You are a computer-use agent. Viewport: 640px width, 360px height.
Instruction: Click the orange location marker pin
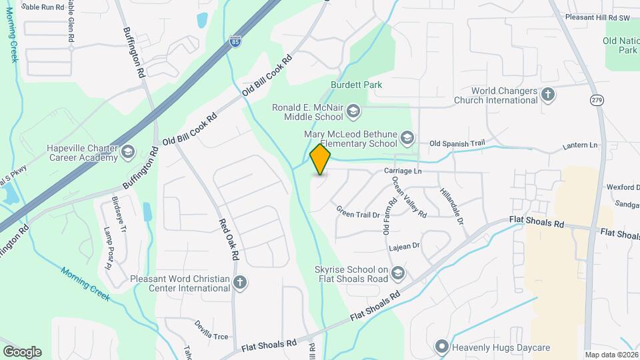[321, 159]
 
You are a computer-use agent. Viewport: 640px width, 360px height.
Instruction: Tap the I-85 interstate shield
[235, 41]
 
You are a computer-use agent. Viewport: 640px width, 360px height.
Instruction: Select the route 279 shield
[596, 100]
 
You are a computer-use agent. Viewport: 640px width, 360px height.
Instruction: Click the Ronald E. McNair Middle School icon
[353, 109]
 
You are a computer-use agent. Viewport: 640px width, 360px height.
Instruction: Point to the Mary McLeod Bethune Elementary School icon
[407, 139]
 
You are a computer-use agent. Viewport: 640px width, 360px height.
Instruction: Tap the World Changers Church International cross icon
[549, 95]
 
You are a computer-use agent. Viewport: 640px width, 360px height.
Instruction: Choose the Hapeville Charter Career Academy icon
[127, 153]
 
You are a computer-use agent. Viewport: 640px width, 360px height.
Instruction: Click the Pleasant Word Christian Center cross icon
[241, 283]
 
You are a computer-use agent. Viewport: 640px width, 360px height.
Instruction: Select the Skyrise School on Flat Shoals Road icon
[398, 273]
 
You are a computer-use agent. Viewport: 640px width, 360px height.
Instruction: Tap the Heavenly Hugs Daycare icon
[441, 347]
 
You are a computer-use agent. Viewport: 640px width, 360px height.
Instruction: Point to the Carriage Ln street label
[403, 171]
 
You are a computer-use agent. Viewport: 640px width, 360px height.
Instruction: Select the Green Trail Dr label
[358, 214]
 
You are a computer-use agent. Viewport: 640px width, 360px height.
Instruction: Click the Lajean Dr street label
[404, 246]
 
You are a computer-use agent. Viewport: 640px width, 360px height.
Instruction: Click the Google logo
[22, 351]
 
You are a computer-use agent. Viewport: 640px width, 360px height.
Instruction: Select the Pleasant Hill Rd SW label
[597, 17]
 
